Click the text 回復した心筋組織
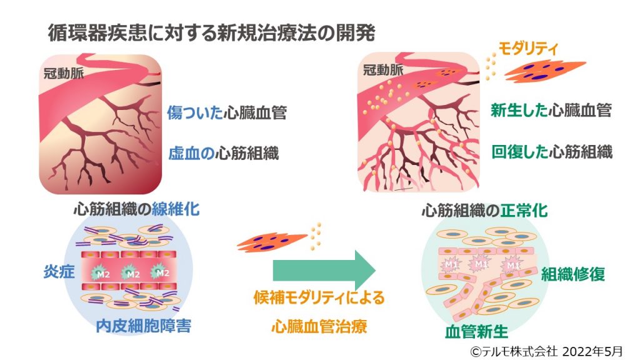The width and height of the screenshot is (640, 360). pyautogui.click(x=551, y=152)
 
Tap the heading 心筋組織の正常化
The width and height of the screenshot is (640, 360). pyautogui.click(x=484, y=211)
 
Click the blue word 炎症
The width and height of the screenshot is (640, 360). pyautogui.click(x=54, y=272)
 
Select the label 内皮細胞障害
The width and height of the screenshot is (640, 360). pyautogui.click(x=144, y=325)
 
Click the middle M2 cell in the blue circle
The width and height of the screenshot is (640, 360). pyautogui.click(x=131, y=273)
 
